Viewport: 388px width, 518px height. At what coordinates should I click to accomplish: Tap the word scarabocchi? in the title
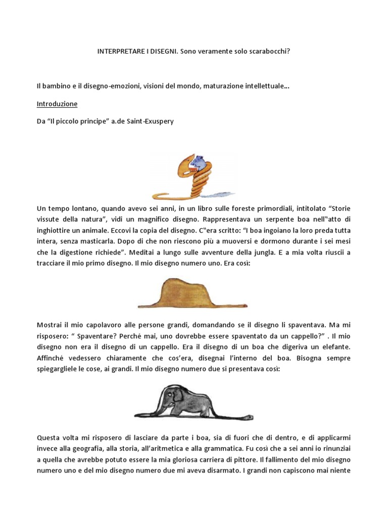tap(271, 52)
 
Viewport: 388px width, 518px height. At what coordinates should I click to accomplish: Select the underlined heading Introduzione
tap(57, 104)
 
